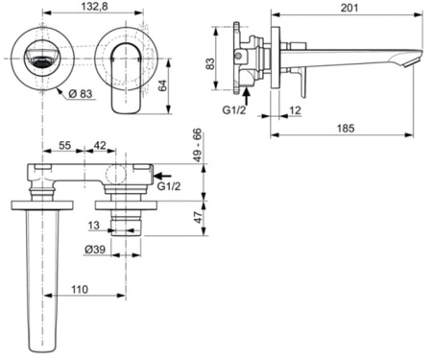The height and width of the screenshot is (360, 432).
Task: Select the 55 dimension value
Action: [66, 146]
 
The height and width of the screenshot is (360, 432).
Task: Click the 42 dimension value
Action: [101, 146]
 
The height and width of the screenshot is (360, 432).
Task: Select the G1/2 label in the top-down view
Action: [169, 188]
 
